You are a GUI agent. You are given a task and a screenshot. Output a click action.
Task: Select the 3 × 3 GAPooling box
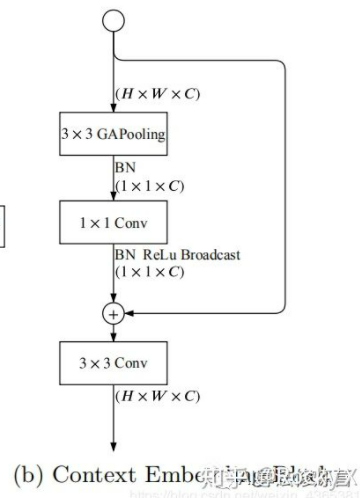point(114,133)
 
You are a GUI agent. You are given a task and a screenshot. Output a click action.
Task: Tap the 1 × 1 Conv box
point(114,217)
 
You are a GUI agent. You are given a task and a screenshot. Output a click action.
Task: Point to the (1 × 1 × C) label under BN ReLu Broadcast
point(150,270)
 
